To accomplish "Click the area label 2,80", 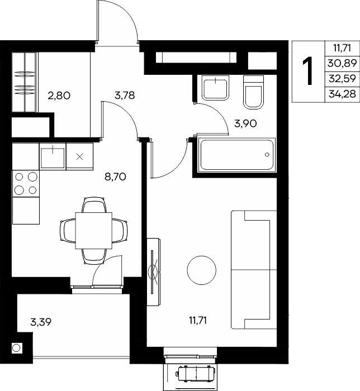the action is pyautogui.click(x=59, y=96).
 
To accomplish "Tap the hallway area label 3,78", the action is pyautogui.click(x=125, y=96).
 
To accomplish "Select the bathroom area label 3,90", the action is pyautogui.click(x=245, y=123).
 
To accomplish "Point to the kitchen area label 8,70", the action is pyautogui.click(x=115, y=177).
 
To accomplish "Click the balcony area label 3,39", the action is pyautogui.click(x=41, y=322).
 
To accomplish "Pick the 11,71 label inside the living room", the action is pyautogui.click(x=198, y=320).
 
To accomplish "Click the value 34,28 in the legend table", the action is pyautogui.click(x=342, y=94).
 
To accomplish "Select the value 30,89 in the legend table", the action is pyautogui.click(x=342, y=63).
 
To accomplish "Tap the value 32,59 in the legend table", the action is pyautogui.click(x=342, y=79).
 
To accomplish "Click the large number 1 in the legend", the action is pyautogui.click(x=309, y=71).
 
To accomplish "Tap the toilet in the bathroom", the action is pyautogui.click(x=253, y=93).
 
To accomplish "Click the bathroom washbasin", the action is pyautogui.click(x=216, y=88).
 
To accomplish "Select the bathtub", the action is pyautogui.click(x=236, y=155).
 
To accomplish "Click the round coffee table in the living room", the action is pyautogui.click(x=202, y=270).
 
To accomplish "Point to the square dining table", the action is pyautogui.click(x=94, y=231).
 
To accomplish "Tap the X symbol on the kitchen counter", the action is pyautogui.click(x=79, y=157).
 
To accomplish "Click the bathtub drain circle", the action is pyautogui.click(x=267, y=155).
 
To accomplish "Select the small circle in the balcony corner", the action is pyautogui.click(x=16, y=348).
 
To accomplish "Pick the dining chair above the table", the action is pyautogui.click(x=94, y=205).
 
